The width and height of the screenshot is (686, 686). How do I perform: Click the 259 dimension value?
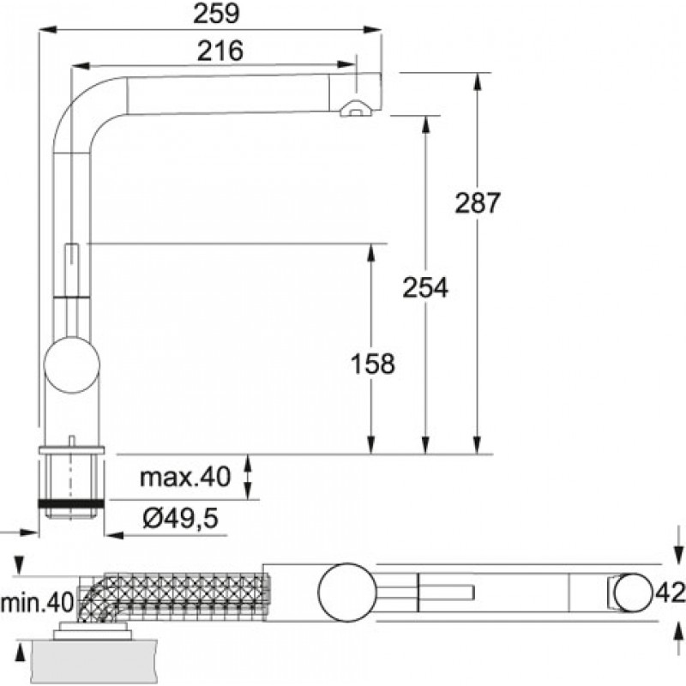pyautogui.click(x=217, y=14)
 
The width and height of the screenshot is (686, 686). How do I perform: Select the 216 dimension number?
pyautogui.click(x=220, y=51)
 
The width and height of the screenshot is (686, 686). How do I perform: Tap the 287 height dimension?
pyautogui.click(x=477, y=202)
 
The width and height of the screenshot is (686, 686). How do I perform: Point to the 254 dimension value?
pyautogui.click(x=425, y=287)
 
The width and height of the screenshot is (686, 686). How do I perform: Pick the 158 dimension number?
pyautogui.click(x=373, y=364)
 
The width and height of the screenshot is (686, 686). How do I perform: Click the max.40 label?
pyautogui.click(x=184, y=477)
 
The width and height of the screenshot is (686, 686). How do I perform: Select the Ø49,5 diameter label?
pyautogui.click(x=180, y=519)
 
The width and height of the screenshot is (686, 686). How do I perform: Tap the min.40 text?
pyautogui.click(x=37, y=603)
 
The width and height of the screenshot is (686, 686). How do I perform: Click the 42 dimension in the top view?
pyautogui.click(x=670, y=593)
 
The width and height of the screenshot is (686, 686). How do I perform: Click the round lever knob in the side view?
pyautogui.click(x=72, y=365)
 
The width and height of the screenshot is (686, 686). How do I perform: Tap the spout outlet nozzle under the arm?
pyautogui.click(x=356, y=109)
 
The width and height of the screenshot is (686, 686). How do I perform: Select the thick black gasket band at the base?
pyautogui.click(x=71, y=503)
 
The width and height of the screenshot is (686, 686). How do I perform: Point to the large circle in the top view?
pyautogui.click(x=348, y=593)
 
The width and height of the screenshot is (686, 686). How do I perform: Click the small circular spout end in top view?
pyautogui.click(x=634, y=593)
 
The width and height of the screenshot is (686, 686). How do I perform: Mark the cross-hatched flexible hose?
pyautogui.click(x=173, y=597)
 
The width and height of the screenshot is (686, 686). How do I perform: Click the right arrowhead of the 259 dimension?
pyautogui.click(x=372, y=30)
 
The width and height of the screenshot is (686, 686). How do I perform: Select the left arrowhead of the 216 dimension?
pyautogui.click(x=81, y=66)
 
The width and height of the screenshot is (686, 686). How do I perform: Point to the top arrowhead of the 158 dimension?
pyautogui.click(x=371, y=252)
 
